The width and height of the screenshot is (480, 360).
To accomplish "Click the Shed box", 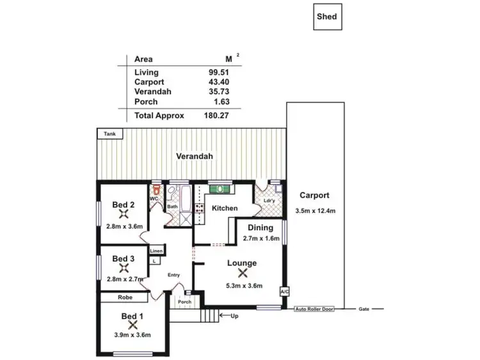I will [328, 17].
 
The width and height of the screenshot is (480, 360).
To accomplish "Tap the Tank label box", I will [110, 134].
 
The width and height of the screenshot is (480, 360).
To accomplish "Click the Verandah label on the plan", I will [195, 156].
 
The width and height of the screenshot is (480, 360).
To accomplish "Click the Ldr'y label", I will [269, 201].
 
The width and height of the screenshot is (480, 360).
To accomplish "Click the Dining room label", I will [260, 228].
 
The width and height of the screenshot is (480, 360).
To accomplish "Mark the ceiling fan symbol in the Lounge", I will [241, 273].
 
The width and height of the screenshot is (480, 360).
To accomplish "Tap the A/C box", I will [284, 292].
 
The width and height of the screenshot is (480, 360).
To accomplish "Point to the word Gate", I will [364, 309].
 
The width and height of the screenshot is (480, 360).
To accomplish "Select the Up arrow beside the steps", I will [225, 315].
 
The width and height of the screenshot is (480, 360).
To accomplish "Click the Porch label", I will [184, 302].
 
